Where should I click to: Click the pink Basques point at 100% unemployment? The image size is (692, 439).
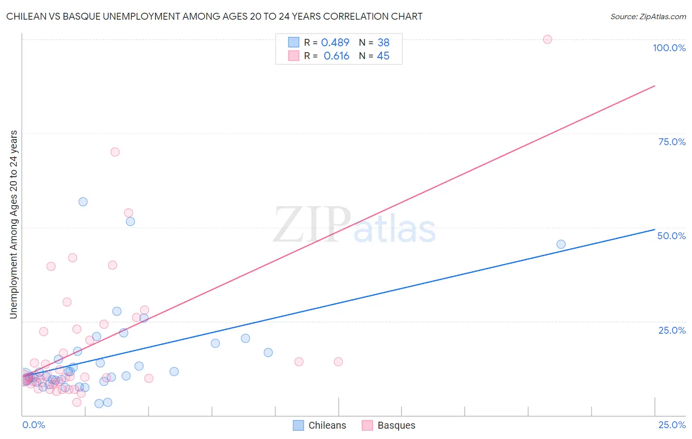547,39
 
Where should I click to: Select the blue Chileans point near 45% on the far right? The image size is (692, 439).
561,244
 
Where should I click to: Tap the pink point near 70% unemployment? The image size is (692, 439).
115,152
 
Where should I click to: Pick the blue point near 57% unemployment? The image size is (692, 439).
83,202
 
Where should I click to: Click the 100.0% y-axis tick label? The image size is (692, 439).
669,48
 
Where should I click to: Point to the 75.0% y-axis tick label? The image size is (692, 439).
672,142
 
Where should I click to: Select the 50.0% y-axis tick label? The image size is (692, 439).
671,236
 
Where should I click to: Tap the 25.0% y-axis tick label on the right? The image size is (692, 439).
672,330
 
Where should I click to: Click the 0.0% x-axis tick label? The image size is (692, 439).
33,425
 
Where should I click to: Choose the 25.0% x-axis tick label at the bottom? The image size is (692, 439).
672,425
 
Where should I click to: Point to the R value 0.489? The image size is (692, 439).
335,43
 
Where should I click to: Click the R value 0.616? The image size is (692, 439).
336,56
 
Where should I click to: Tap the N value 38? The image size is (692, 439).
383,43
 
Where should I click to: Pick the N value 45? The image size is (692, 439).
383,56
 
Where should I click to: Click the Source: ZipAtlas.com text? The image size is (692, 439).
648,17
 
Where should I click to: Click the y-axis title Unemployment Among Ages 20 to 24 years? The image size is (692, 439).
14,224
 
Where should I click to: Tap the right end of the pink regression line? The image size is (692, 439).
655,86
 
